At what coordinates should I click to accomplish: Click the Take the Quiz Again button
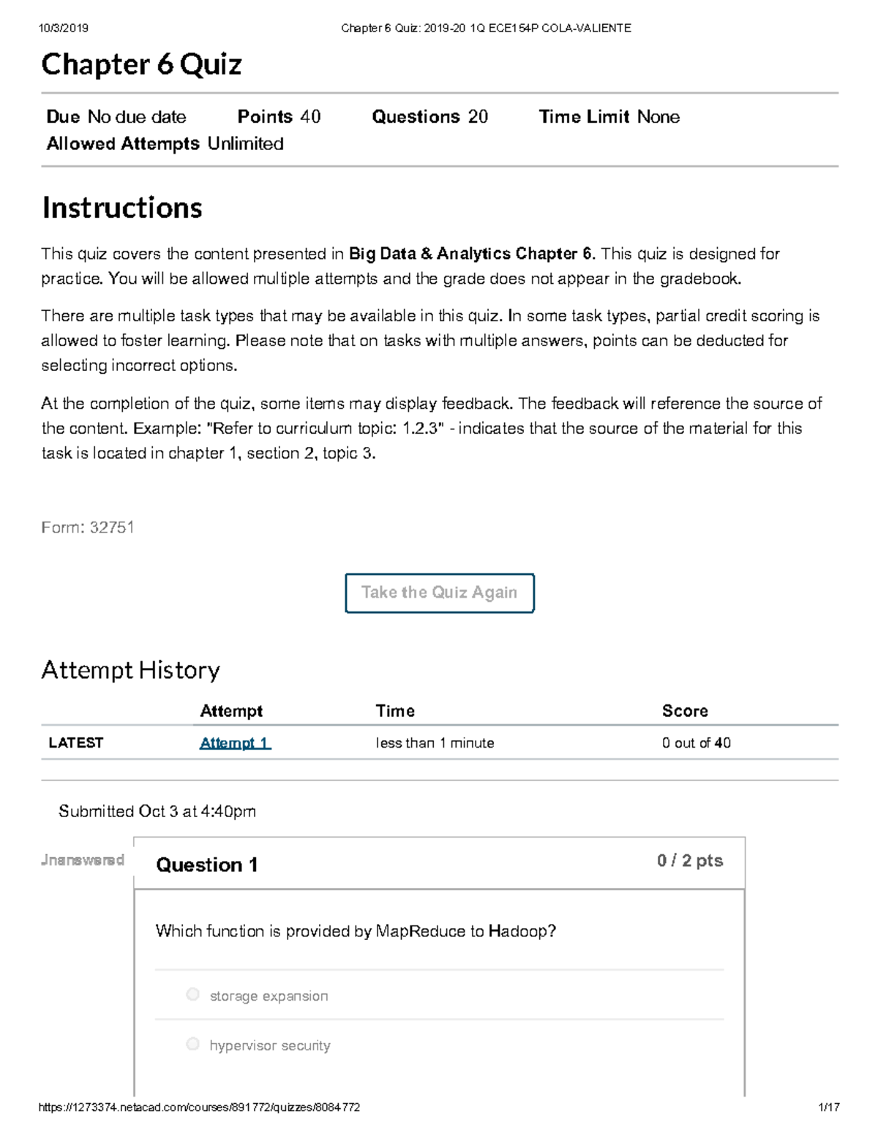coord(439,593)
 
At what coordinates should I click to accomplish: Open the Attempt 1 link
coord(235,743)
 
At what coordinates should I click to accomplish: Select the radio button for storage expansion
coord(192,994)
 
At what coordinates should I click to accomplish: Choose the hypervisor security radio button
coord(192,1044)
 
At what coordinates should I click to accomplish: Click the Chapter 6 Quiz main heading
coord(141,64)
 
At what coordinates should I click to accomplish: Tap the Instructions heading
coord(122,208)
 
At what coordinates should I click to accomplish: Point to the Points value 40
coord(310,117)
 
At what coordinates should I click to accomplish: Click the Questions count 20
coord(478,117)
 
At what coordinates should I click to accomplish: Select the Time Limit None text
coord(658,117)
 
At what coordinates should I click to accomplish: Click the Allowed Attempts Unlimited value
coord(245,144)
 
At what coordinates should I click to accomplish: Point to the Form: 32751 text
coord(88,527)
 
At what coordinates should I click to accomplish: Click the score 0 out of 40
coord(696,743)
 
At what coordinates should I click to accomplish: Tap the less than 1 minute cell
coord(435,743)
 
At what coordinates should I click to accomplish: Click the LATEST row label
coord(75,743)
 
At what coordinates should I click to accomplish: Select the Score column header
coord(684,711)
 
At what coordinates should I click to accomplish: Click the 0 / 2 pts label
coord(689,861)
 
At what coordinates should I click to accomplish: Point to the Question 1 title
coord(206,865)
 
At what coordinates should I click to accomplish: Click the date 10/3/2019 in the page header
coord(64,29)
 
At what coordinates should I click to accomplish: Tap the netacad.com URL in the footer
coord(199,1107)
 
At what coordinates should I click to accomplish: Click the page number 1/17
coord(828,1107)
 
